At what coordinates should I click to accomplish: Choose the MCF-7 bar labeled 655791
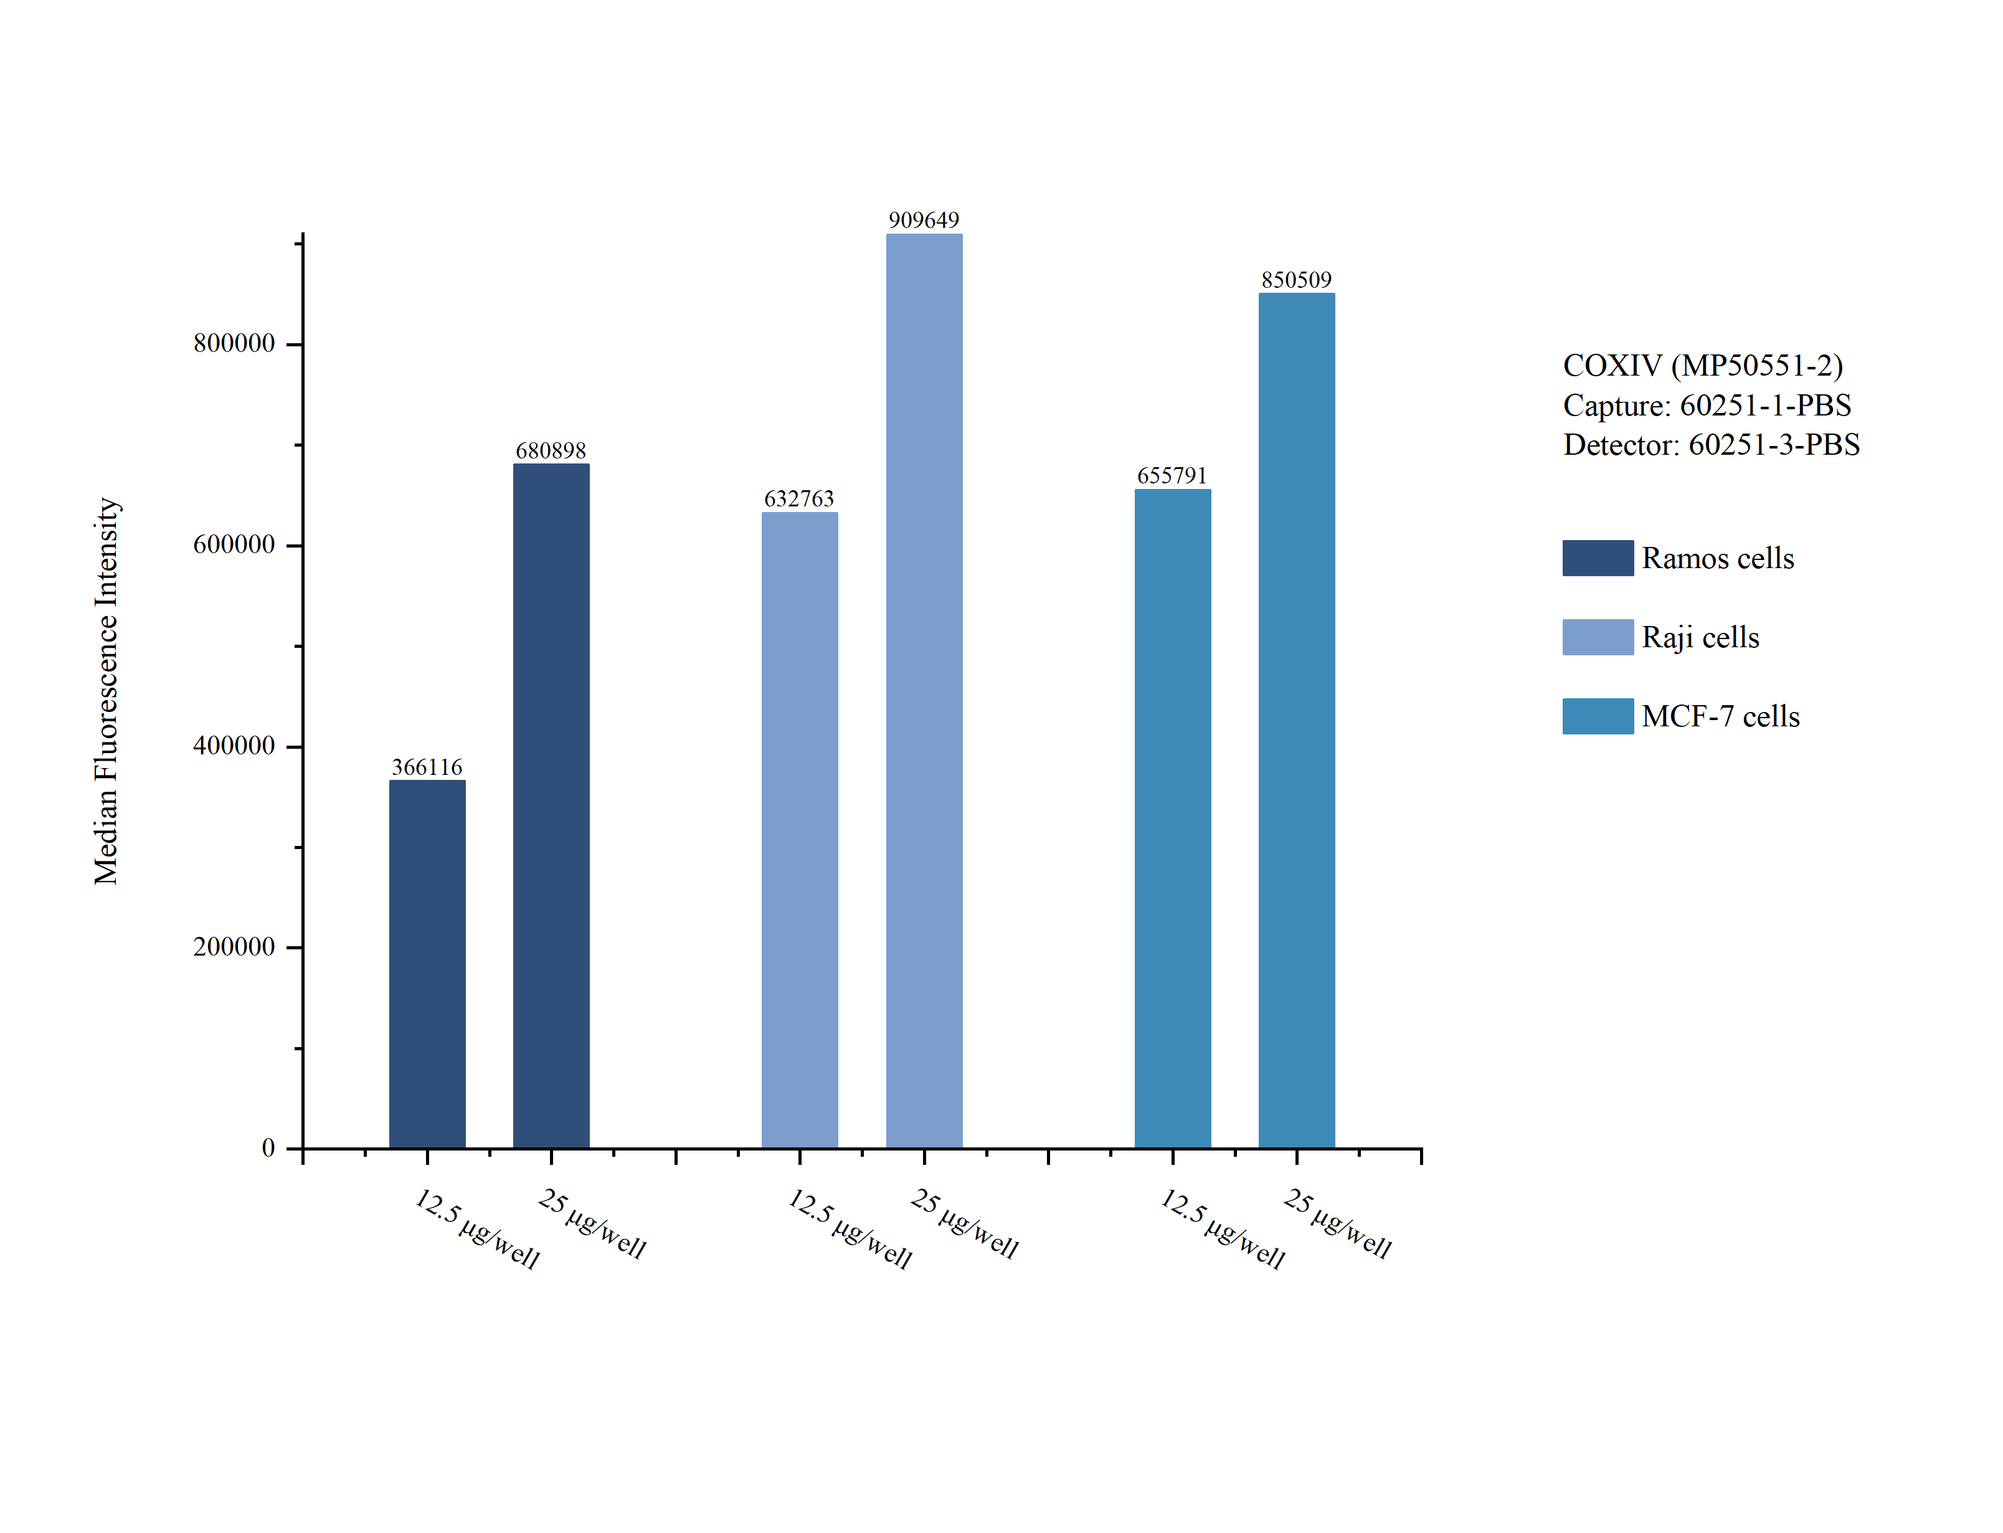pyautogui.click(x=1172, y=818)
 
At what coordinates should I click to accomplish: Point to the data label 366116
pyautogui.click(x=427, y=766)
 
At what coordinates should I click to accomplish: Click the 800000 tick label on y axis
pyautogui.click(x=234, y=343)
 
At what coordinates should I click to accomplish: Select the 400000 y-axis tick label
pyautogui.click(x=234, y=746)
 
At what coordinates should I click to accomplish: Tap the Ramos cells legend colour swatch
pyautogui.click(x=1597, y=558)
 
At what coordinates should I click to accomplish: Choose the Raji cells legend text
pyautogui.click(x=1700, y=637)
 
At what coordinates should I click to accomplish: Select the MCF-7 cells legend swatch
pyautogui.click(x=1597, y=716)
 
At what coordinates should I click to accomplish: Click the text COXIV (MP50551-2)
pyautogui.click(x=1702, y=365)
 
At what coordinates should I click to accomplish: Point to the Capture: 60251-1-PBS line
pyautogui.click(x=1707, y=405)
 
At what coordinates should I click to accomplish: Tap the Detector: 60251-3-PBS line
pyautogui.click(x=1711, y=444)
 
